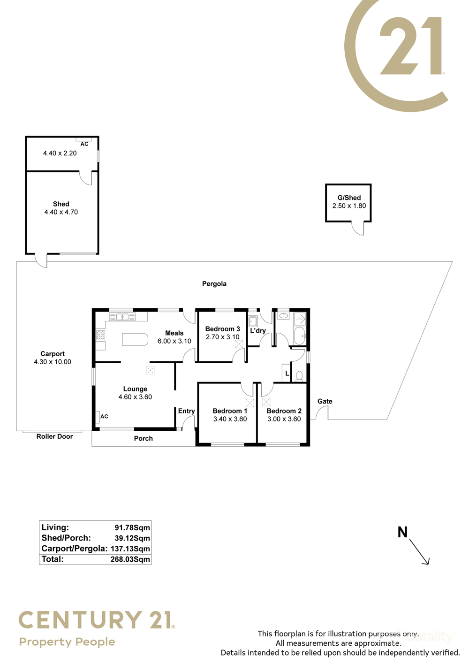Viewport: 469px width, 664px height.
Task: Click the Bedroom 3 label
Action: (222, 329)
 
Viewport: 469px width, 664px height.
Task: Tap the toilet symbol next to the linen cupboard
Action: (299, 376)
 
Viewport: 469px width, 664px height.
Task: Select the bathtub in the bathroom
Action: (299, 336)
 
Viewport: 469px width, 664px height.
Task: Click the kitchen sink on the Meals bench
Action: (122, 317)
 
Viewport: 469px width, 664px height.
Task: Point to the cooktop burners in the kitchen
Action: (100, 335)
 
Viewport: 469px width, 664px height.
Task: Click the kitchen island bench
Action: (135, 339)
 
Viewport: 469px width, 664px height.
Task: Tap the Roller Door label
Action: (54, 436)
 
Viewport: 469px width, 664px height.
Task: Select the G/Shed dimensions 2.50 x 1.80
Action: (349, 206)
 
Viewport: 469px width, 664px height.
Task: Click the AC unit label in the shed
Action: (84, 144)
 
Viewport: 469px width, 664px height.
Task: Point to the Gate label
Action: (325, 401)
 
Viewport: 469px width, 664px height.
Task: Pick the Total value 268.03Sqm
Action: (130, 559)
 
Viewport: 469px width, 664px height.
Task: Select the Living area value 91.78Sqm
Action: (132, 527)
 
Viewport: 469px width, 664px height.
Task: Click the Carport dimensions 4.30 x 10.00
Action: (53, 362)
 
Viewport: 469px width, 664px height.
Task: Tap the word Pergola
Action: (214, 284)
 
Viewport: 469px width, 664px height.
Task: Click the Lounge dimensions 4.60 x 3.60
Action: (135, 397)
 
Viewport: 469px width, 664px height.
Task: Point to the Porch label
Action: (144, 438)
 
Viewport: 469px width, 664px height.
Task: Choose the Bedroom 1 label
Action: (230, 411)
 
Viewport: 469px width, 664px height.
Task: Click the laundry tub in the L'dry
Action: (253, 321)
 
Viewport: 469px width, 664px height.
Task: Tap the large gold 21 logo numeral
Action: (411, 46)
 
